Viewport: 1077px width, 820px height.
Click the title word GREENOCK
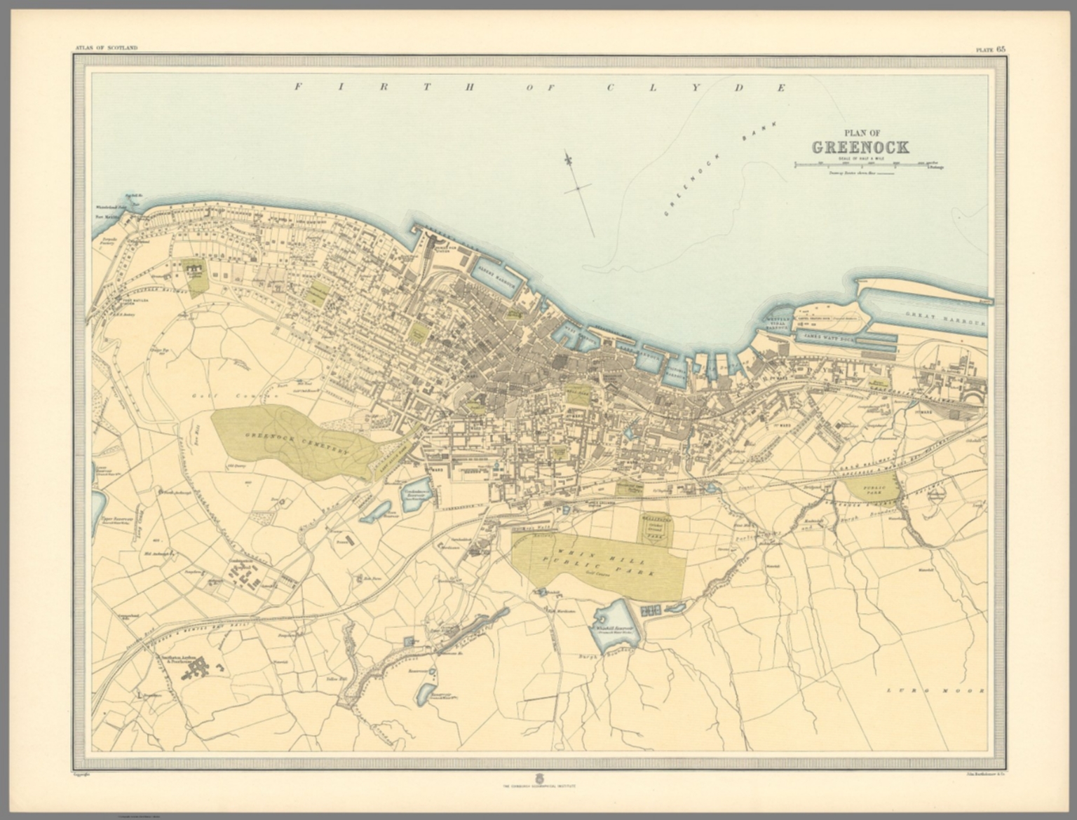[860, 147]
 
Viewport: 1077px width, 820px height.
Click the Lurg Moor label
[935, 690]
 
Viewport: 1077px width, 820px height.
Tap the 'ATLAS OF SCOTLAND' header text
[105, 48]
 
